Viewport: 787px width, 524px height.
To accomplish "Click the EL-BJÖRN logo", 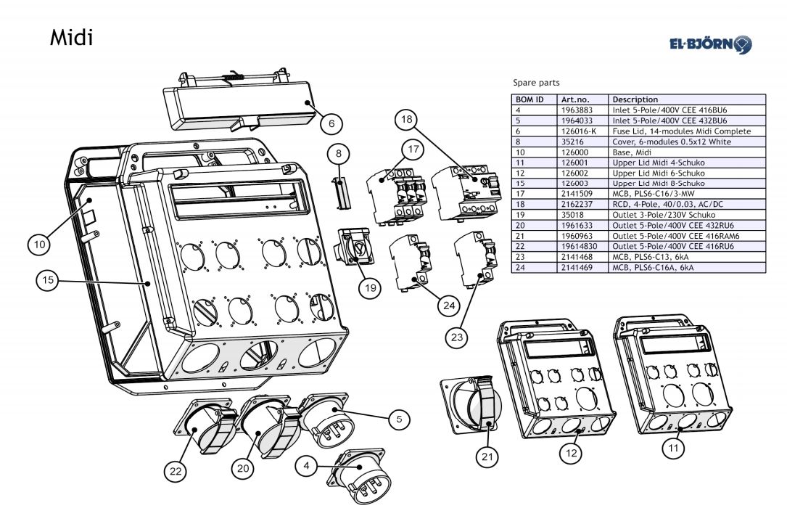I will (x=710, y=44).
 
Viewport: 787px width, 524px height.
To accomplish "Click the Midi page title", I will (x=71, y=37).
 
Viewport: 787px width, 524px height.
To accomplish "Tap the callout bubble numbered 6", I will (x=331, y=123).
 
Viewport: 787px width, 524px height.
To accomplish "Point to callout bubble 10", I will (x=39, y=245).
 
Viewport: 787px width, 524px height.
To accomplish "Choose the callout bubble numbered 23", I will (x=456, y=337).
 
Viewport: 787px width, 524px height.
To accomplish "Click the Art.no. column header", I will (x=575, y=99).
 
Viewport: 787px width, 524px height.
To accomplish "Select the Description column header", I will (x=635, y=99).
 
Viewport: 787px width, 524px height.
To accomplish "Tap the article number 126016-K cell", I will (x=579, y=131).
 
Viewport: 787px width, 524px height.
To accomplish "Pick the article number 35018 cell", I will (x=573, y=216).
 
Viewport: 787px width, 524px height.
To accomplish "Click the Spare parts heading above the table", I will (x=536, y=83).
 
